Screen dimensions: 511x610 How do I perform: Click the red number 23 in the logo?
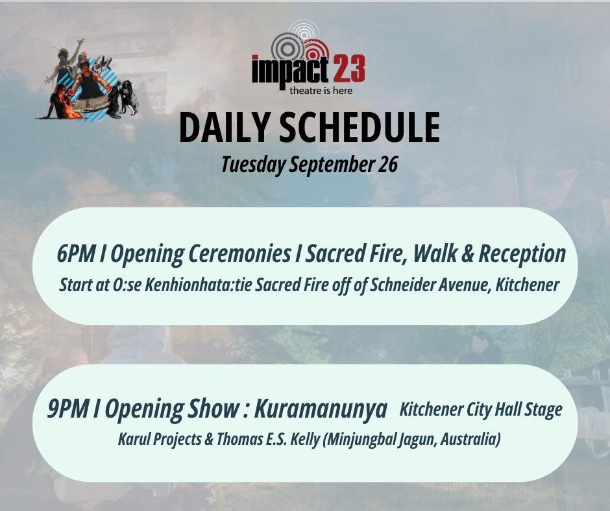click(x=346, y=69)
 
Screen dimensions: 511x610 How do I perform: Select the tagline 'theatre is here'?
click(x=321, y=90)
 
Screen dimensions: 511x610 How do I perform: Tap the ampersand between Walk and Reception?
click(x=460, y=254)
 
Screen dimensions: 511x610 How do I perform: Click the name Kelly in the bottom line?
click(x=322, y=440)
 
